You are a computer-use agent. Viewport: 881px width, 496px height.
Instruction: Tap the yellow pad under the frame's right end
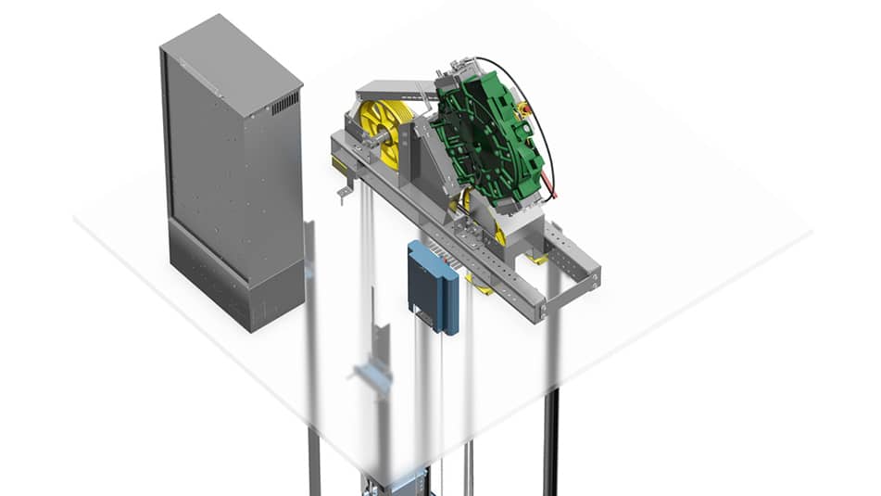click(537, 261)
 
